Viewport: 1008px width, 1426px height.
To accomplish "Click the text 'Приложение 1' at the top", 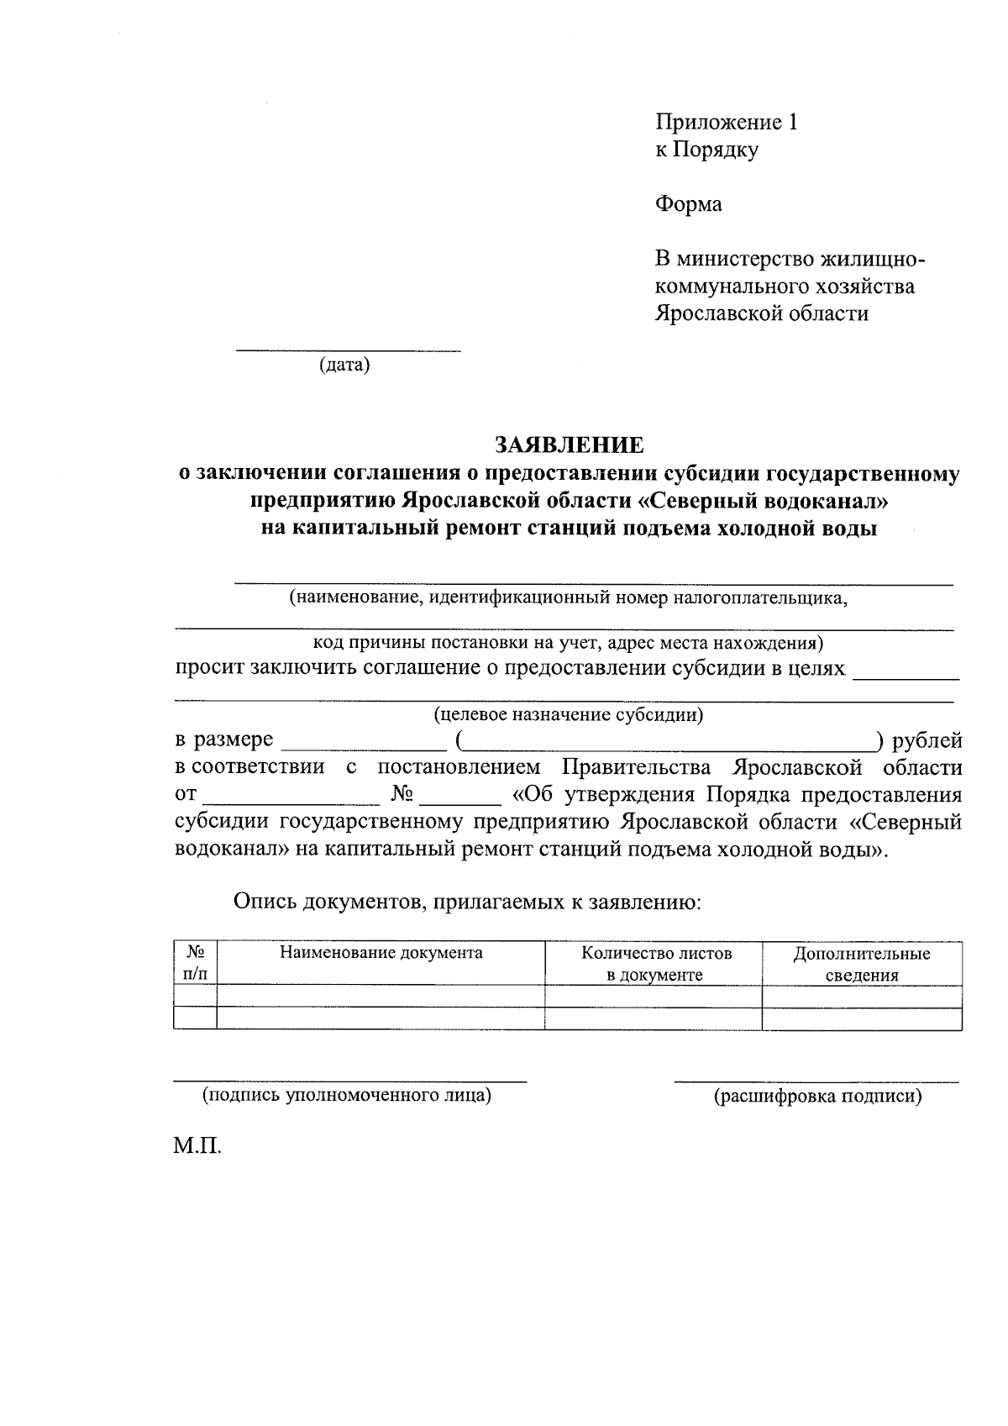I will point(726,123).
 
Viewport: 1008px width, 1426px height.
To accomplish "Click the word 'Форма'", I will point(688,204).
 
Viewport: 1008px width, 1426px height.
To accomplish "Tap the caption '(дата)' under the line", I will point(344,366).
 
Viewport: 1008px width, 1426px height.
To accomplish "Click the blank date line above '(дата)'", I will point(348,348).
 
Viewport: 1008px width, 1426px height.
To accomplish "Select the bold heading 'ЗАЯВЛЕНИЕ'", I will point(569,445).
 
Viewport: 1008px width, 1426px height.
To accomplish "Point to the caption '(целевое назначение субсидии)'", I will point(568,715).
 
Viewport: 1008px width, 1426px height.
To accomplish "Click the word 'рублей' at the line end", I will point(927,740).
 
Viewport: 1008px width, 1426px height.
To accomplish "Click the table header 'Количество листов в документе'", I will point(655,964).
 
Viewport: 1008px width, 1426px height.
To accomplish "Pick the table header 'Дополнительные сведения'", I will point(861,965).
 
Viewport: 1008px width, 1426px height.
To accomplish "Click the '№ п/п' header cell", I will point(195,964).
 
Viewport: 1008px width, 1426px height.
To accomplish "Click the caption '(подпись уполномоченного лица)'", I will point(346,1096).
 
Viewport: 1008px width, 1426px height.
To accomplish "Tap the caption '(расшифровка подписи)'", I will point(817,1097).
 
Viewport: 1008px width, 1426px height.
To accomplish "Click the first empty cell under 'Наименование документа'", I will point(381,997).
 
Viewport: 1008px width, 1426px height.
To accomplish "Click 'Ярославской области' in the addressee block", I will point(761,313).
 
